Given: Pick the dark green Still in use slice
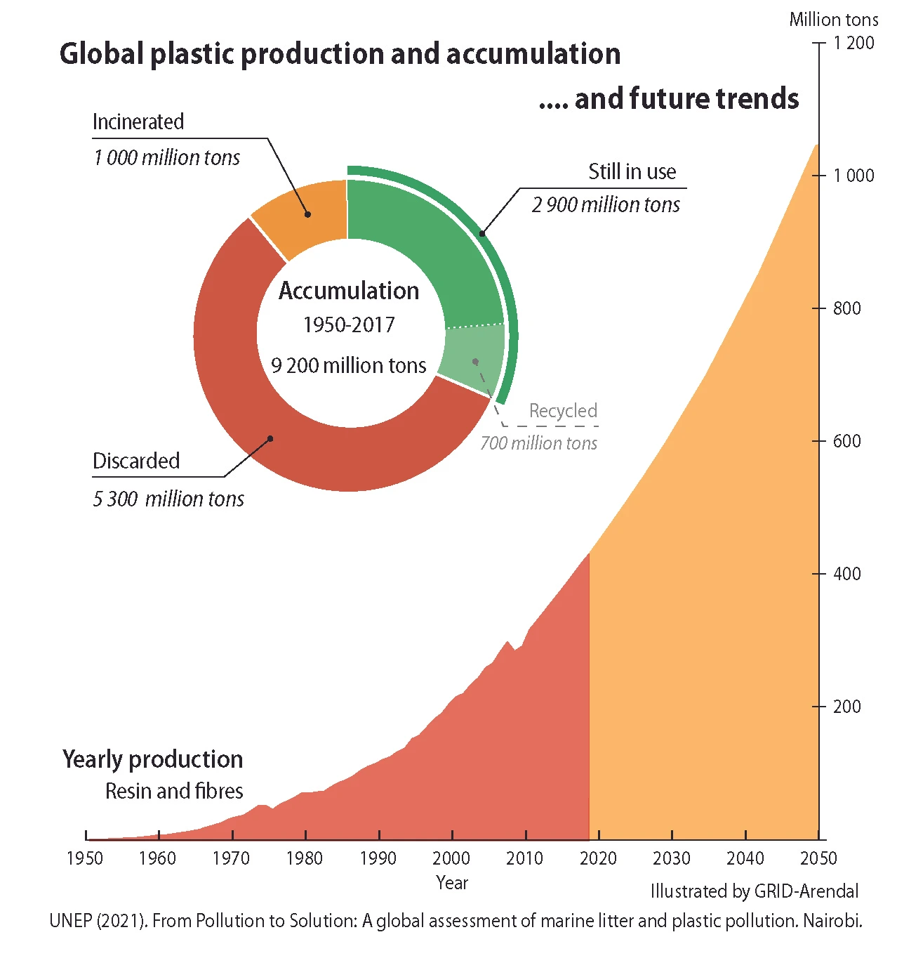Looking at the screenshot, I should coord(414,246).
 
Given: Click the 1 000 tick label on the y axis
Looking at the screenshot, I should coord(853,176).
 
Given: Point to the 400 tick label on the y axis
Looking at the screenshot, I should coord(846,574).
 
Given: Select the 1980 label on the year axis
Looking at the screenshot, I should coord(305,858).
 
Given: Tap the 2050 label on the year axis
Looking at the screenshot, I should coord(818,858).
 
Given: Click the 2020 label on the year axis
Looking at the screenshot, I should coord(598,858).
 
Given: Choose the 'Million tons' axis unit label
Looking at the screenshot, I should coord(833,20).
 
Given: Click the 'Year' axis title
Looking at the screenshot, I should coord(452,883).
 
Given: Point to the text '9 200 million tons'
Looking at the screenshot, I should coord(349,365).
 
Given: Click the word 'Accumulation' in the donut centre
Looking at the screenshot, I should coord(349,291).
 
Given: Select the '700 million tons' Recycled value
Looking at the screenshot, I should coord(538,443).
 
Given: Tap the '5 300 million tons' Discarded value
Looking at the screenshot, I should coord(168,499).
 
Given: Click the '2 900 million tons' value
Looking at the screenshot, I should coord(606,205).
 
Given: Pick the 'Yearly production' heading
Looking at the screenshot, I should coord(152,759).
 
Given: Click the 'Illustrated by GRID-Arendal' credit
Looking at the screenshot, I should coord(755,891).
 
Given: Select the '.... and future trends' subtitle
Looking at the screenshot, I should coord(669,99).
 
